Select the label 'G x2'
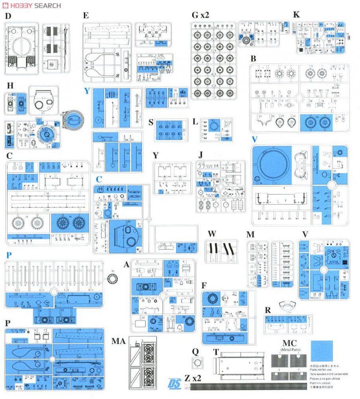tap(200, 15)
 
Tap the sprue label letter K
tap(295, 15)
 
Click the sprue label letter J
tap(201, 154)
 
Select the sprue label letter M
tap(250, 234)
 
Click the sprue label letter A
tap(127, 264)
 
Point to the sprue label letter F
tap(204, 285)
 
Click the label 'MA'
tap(118, 341)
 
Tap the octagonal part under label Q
tap(197, 363)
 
